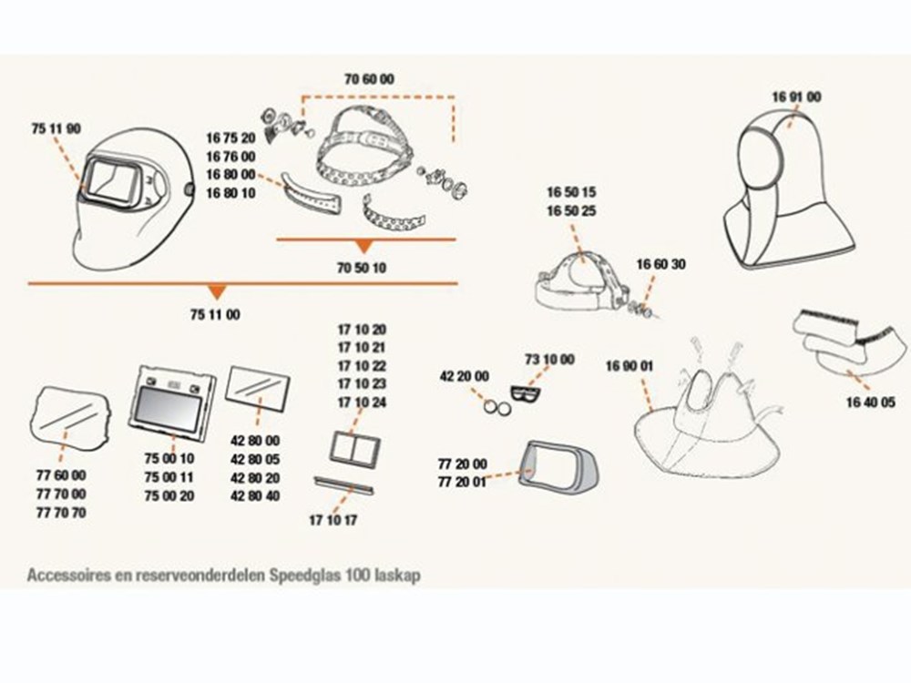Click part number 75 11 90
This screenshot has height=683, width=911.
(x=56, y=129)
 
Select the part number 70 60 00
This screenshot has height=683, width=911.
(x=369, y=79)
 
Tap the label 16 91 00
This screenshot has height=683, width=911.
(x=796, y=97)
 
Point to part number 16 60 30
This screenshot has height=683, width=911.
(x=661, y=264)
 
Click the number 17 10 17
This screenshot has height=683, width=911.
(x=333, y=520)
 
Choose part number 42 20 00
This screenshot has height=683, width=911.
(x=465, y=376)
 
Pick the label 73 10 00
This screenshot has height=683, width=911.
(x=549, y=360)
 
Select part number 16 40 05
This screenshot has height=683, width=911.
(x=870, y=402)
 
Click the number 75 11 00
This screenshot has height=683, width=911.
(x=215, y=315)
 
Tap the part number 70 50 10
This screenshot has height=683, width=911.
(x=362, y=268)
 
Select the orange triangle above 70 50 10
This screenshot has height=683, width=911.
(x=363, y=246)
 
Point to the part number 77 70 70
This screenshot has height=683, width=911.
(x=61, y=513)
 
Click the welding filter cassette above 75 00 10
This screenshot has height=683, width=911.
(x=171, y=401)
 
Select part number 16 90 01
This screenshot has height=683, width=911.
(x=630, y=366)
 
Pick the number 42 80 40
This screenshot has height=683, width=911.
(x=255, y=496)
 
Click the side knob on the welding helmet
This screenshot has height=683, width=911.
(x=189, y=190)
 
